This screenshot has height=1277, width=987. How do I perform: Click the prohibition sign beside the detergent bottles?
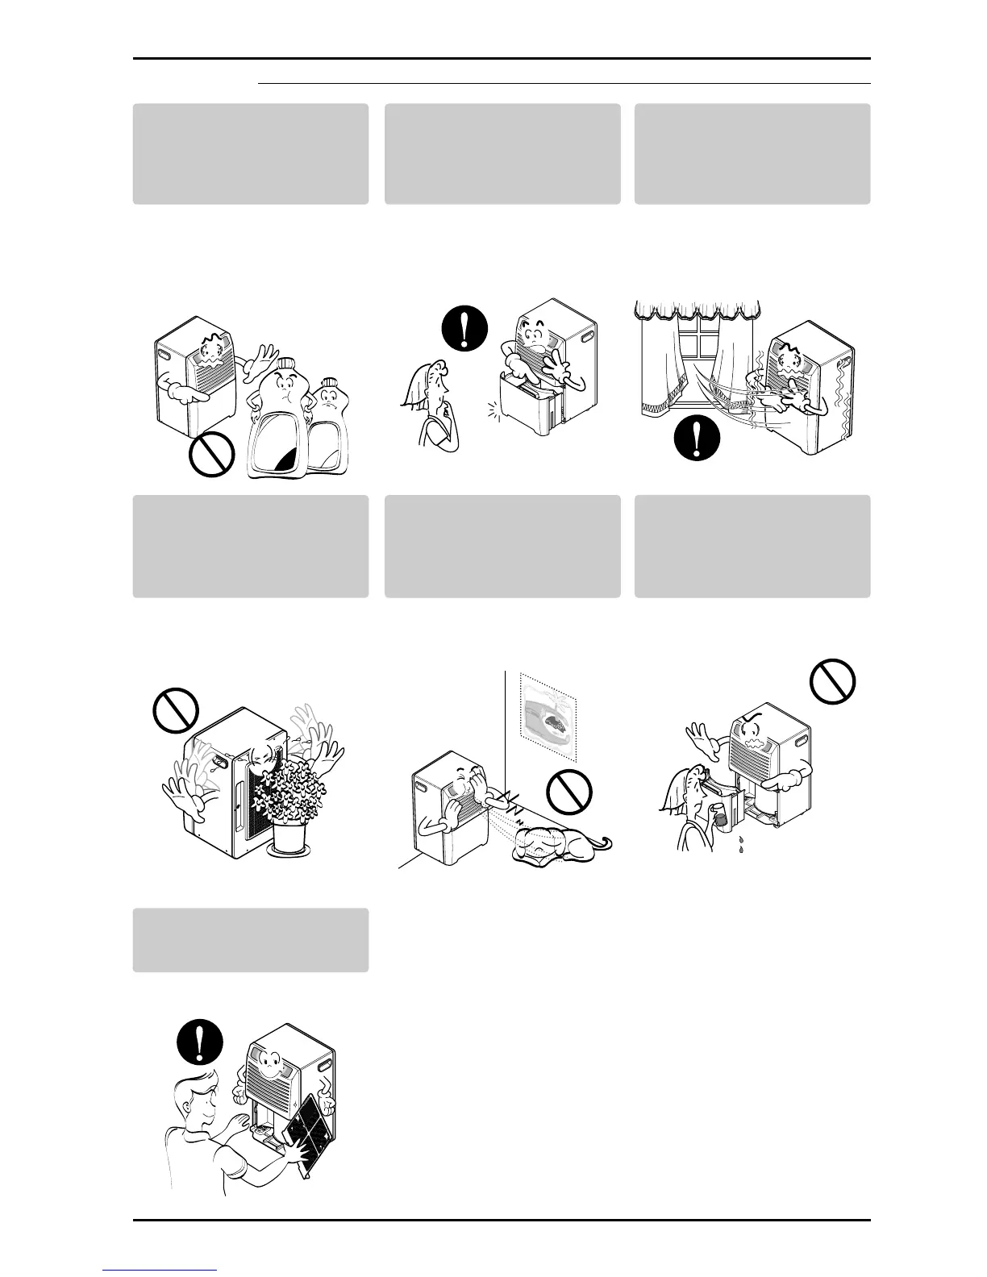coord(212,455)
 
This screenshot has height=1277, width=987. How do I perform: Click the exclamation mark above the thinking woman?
coord(466,328)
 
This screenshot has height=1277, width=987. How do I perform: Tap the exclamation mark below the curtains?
coord(695,440)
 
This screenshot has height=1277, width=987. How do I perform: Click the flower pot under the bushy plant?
coord(294,839)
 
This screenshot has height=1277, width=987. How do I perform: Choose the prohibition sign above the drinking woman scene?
coord(832,681)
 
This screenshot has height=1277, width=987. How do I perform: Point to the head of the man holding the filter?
coord(201,1098)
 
